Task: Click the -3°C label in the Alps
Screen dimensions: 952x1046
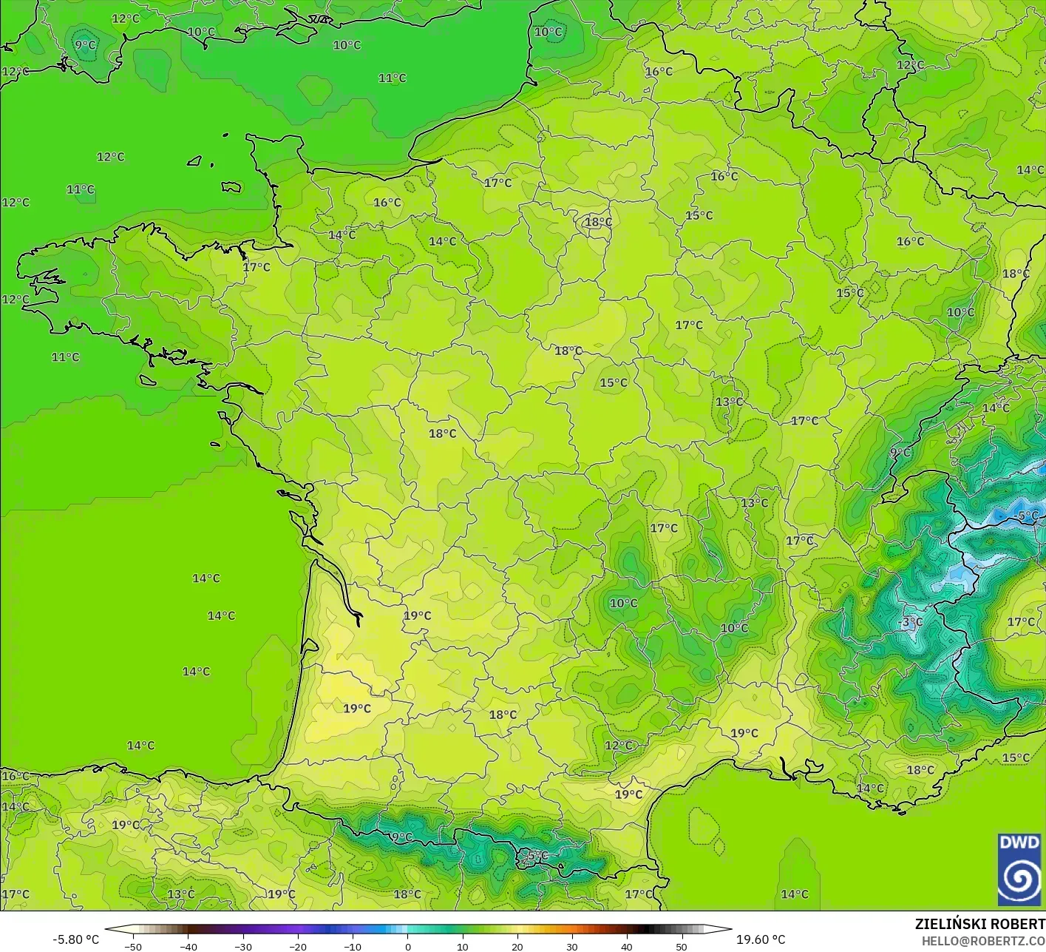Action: tap(910, 622)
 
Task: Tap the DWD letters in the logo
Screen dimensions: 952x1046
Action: tap(1019, 843)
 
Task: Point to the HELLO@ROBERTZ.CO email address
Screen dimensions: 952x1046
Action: tap(983, 940)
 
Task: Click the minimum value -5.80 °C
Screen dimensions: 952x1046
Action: tap(75, 939)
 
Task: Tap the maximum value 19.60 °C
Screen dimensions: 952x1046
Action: tap(761, 939)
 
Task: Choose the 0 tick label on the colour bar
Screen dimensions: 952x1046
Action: tap(408, 946)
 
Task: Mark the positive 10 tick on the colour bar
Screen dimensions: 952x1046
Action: tap(462, 946)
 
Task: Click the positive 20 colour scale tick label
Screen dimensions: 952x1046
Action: tap(517, 946)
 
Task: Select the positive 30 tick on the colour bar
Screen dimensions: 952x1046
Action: tap(571, 946)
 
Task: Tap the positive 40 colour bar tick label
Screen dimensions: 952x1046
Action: tap(626, 946)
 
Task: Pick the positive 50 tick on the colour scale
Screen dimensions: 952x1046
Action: tap(681, 946)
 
